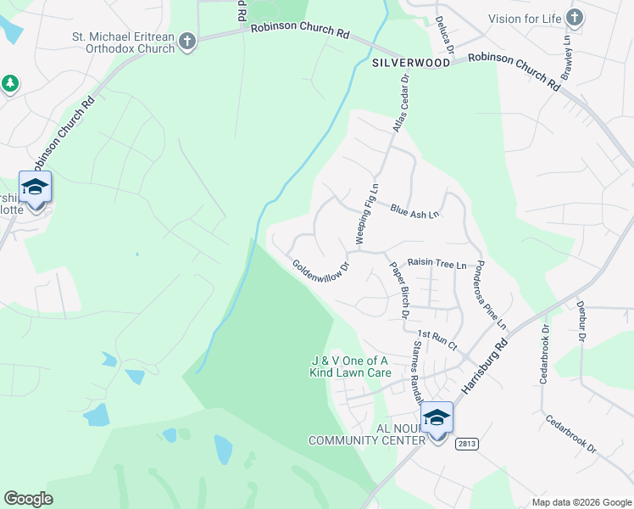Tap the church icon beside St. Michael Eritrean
(x=188, y=41)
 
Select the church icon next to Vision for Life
(x=575, y=17)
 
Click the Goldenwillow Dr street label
(x=321, y=276)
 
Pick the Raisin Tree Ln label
(x=437, y=264)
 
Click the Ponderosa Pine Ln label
(x=490, y=294)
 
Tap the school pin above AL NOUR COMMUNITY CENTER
(x=437, y=419)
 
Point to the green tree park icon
(x=9, y=83)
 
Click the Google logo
(x=29, y=499)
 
